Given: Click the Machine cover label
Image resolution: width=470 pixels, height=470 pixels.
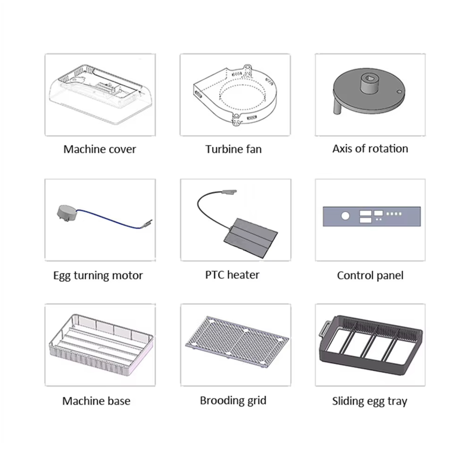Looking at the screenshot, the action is point(100,149).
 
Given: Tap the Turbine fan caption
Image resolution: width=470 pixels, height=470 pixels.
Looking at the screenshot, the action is point(233,149).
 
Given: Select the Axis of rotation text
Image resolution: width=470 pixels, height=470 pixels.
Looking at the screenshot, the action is point(370,149).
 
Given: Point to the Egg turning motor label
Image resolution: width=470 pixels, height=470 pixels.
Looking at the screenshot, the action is point(98,276).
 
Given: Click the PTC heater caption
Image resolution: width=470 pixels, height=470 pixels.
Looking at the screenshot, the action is point(232,275).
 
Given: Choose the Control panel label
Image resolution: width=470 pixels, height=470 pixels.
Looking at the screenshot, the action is point(370,275).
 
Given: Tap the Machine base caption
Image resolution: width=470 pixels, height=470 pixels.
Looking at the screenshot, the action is point(96,401).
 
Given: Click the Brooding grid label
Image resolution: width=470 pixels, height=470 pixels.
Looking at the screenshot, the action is point(233,401).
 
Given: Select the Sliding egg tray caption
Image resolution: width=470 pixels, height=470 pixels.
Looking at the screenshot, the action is point(369,401).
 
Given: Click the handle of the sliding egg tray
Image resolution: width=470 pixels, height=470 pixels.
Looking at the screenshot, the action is point(324,329).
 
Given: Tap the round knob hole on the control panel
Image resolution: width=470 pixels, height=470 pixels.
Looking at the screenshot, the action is point(345,216).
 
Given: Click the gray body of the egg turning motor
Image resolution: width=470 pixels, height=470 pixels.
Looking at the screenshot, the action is point(66,213).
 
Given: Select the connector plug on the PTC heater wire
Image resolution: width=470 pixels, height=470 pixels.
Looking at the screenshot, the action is point(229,192).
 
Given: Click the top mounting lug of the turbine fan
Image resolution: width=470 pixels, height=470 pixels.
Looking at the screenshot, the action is point(247,67).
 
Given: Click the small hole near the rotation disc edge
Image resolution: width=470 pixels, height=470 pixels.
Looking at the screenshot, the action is point(398,91).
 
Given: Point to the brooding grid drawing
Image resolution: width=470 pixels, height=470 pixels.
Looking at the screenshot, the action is point(237,341).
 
